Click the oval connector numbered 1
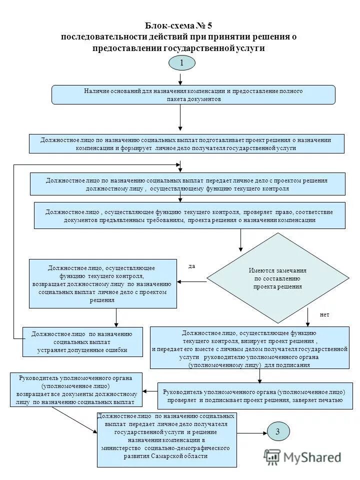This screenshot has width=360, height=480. [x=181, y=63]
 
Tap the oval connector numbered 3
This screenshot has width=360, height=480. [x=277, y=432]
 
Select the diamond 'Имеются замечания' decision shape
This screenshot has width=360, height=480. [x=277, y=278]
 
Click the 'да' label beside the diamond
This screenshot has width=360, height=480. [x=191, y=266]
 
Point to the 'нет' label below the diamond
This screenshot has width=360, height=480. [x=324, y=315]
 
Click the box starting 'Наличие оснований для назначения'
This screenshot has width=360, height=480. [x=193, y=94]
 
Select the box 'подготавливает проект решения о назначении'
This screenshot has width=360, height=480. [x=186, y=143]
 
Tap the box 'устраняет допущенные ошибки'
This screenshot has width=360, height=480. [x=82, y=341]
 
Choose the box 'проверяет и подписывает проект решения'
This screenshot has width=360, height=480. [x=255, y=396]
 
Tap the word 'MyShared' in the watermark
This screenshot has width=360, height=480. [x=312, y=457]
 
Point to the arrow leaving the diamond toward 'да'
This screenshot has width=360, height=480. [x=192, y=281]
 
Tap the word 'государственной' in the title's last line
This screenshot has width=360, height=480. [x=198, y=48]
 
